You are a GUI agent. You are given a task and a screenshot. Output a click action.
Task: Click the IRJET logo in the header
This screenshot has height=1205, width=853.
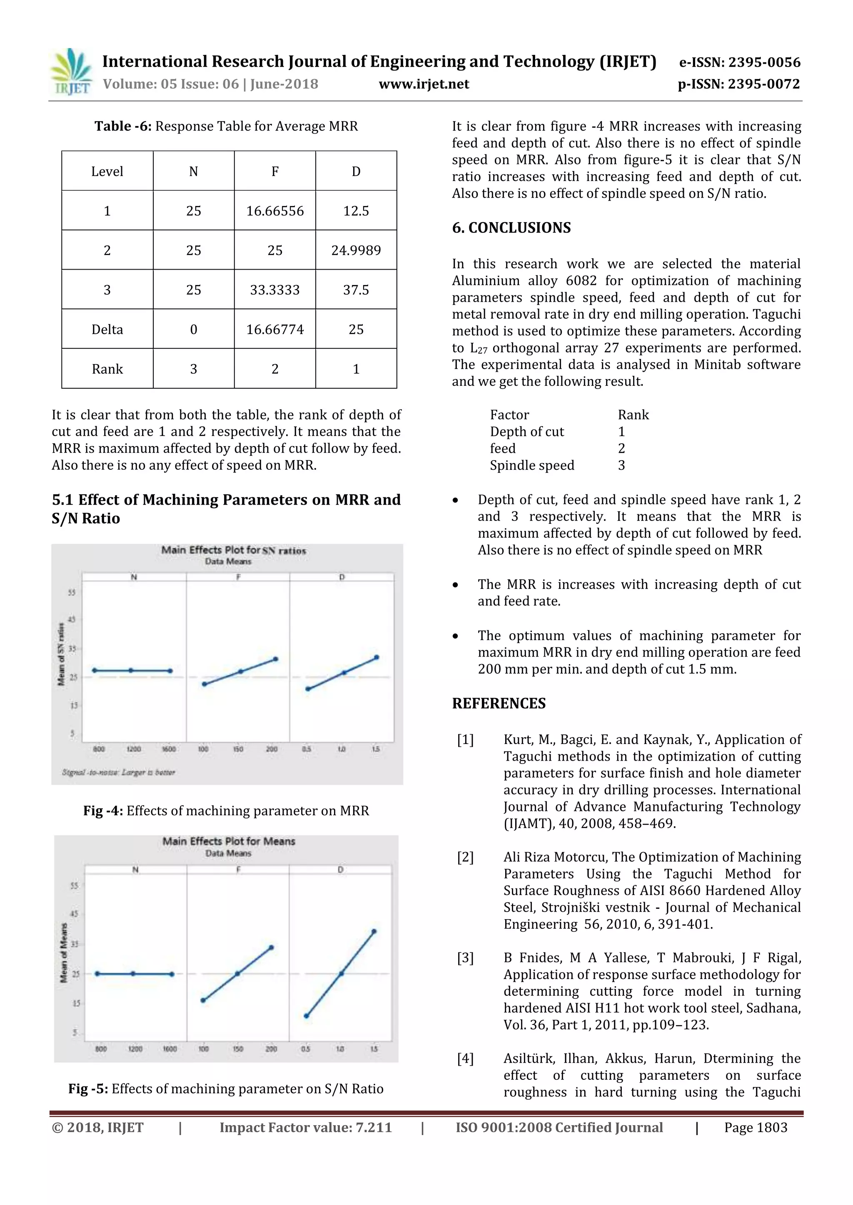click(70, 72)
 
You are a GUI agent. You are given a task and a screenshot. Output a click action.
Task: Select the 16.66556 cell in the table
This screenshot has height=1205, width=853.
click(275, 211)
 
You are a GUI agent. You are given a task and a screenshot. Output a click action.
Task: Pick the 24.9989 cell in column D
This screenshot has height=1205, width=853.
click(356, 250)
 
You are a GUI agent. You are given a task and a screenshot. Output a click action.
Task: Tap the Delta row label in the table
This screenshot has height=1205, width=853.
click(107, 330)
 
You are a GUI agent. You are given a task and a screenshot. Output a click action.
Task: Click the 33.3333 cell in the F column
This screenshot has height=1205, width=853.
click(275, 290)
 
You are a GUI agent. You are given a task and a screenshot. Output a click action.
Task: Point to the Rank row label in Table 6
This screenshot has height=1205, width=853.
click(107, 369)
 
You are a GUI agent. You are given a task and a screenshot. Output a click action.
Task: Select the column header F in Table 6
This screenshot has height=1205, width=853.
click(275, 171)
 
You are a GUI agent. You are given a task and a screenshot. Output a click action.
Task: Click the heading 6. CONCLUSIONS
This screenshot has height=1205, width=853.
click(511, 228)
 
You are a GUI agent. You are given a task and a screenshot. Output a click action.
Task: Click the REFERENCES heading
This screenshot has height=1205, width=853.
click(499, 703)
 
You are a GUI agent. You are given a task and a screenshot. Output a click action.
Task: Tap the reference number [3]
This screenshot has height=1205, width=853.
click(465, 958)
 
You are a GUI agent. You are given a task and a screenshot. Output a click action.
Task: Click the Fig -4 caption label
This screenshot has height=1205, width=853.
click(103, 811)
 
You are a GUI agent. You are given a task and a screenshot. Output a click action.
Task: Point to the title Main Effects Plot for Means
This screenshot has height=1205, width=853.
click(229, 841)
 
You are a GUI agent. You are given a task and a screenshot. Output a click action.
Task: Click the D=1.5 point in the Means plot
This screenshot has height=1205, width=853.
click(374, 932)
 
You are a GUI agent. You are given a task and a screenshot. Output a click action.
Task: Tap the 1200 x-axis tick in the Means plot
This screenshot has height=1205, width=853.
click(135, 1049)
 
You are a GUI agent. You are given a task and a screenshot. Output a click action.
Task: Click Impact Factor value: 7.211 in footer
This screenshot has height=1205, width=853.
click(305, 1127)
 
